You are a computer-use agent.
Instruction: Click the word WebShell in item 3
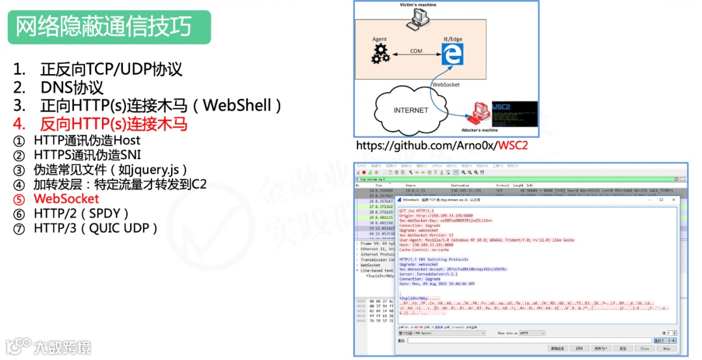pyautogui.click(x=241, y=105)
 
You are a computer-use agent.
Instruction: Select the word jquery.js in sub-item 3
pyautogui.click(x=158, y=170)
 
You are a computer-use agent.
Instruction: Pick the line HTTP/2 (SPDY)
pyautogui.click(x=81, y=213)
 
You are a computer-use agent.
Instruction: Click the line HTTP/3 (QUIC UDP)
pyautogui.click(x=96, y=228)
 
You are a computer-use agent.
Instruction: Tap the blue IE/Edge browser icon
pyautogui.click(x=450, y=54)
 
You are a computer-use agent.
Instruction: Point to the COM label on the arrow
pyautogui.click(x=416, y=51)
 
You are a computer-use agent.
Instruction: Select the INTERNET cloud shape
pyautogui.click(x=410, y=110)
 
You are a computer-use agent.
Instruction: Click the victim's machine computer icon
pyautogui.click(x=418, y=19)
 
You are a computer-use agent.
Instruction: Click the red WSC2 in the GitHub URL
pyautogui.click(x=512, y=145)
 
